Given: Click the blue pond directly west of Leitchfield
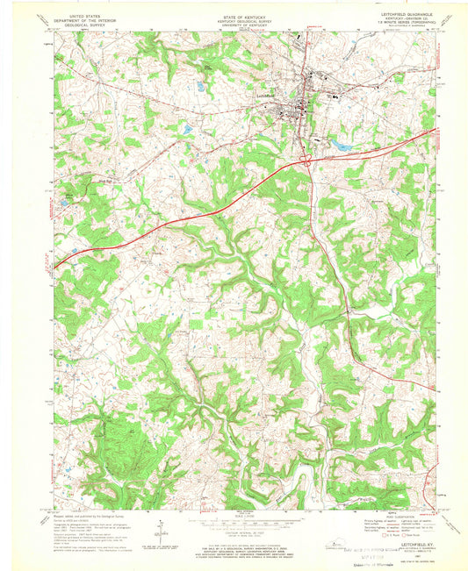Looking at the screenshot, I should [186, 130].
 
